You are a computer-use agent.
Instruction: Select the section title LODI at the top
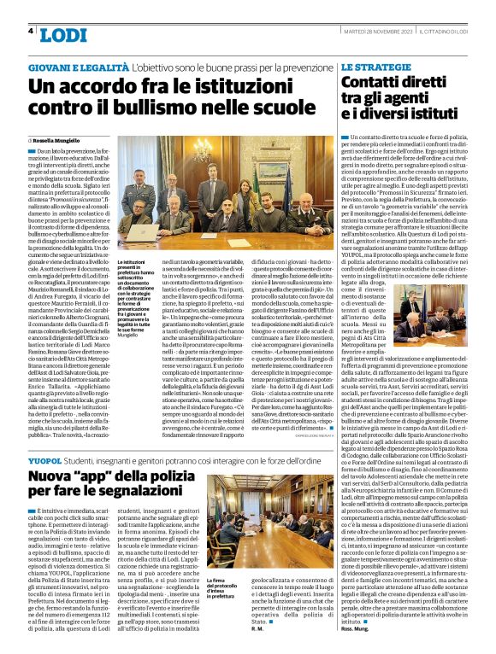tap(64, 35)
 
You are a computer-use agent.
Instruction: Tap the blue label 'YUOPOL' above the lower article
tap(45, 460)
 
